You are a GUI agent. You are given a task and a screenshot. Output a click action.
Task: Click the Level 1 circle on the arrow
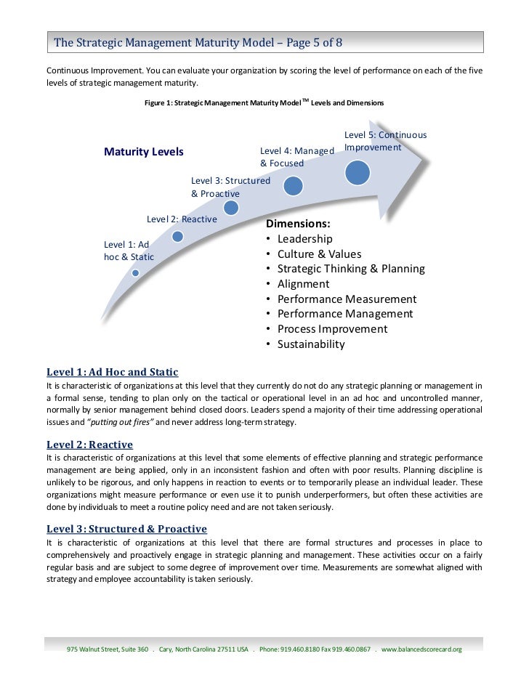click(135, 273)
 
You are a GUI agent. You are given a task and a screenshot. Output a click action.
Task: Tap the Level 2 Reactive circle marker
click(177, 236)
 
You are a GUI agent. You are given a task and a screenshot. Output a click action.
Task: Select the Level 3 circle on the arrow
click(231, 208)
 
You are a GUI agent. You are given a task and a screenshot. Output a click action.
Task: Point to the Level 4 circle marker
click(293, 186)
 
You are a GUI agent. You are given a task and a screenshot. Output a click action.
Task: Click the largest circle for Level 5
click(357, 171)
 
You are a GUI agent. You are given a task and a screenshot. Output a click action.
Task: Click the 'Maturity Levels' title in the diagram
click(144, 152)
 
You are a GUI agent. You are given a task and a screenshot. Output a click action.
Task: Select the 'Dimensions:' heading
click(299, 224)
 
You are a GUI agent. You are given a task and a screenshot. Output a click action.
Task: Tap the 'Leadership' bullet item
click(304, 239)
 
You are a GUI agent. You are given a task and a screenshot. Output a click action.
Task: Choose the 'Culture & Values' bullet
click(319, 254)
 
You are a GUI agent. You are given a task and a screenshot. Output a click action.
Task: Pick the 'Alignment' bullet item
click(303, 284)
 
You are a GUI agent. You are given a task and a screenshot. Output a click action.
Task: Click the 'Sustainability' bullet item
click(310, 344)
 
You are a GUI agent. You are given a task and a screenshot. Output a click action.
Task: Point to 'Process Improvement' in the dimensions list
click(332, 329)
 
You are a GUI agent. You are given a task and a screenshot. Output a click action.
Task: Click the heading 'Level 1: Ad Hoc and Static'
click(113, 373)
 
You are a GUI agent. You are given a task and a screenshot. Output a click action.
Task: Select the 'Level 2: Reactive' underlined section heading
click(89, 444)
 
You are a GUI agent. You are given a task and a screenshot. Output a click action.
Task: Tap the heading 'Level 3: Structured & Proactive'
click(126, 529)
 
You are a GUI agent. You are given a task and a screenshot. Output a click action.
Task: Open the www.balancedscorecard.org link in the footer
click(421, 648)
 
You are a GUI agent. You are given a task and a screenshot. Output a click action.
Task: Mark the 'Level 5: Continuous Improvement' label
click(385, 141)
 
